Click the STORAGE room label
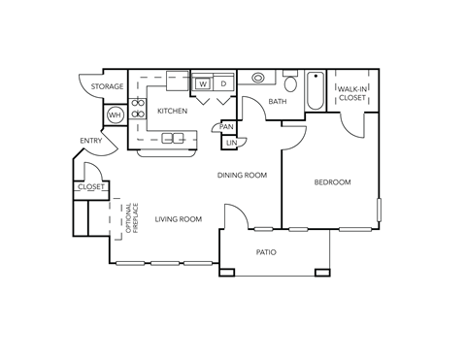107,87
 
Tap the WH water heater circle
114,115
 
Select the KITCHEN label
172,112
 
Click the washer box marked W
203,83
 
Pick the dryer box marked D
222,83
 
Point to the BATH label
277,102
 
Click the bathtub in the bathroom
315,94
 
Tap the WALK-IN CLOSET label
350,94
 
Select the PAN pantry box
226,126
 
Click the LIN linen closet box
231,144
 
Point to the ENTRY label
90,142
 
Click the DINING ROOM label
242,175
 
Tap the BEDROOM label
332,182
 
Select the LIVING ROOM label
179,219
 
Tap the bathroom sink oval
257,79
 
